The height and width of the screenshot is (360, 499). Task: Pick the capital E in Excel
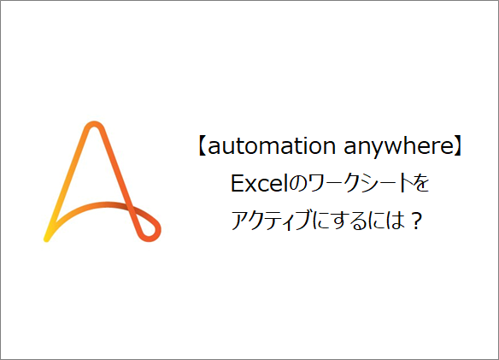tap(235, 184)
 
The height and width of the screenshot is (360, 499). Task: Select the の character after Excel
tap(285, 184)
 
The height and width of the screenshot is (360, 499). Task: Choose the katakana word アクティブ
tap(273, 221)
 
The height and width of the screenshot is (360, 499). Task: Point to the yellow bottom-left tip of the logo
tap(49, 234)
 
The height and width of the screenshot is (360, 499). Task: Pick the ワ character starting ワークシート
tap(306, 184)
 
